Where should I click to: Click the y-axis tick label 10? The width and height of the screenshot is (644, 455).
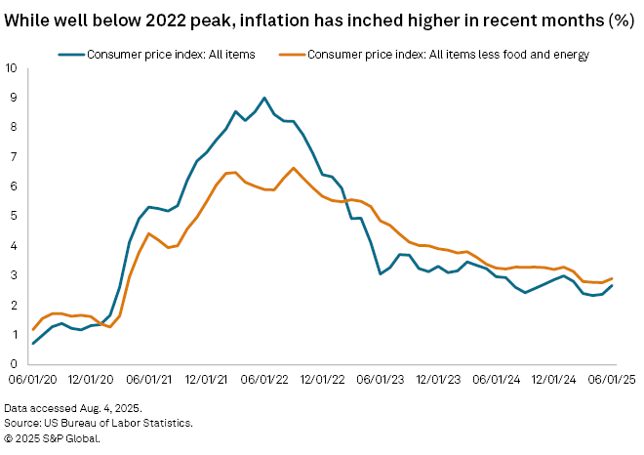click(11, 68)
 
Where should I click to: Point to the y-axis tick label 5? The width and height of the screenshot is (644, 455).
click(11, 216)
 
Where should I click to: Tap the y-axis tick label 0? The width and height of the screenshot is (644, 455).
click(11, 364)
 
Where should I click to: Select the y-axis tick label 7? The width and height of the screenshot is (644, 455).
click(11, 157)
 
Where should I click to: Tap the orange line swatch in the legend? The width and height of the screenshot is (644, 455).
click(289, 55)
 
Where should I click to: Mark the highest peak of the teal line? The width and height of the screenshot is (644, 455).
click(264, 98)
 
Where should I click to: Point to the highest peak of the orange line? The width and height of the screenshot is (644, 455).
click(294, 168)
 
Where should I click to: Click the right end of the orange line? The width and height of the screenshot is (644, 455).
click(612, 278)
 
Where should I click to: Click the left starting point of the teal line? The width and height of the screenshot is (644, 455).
click(33, 343)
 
